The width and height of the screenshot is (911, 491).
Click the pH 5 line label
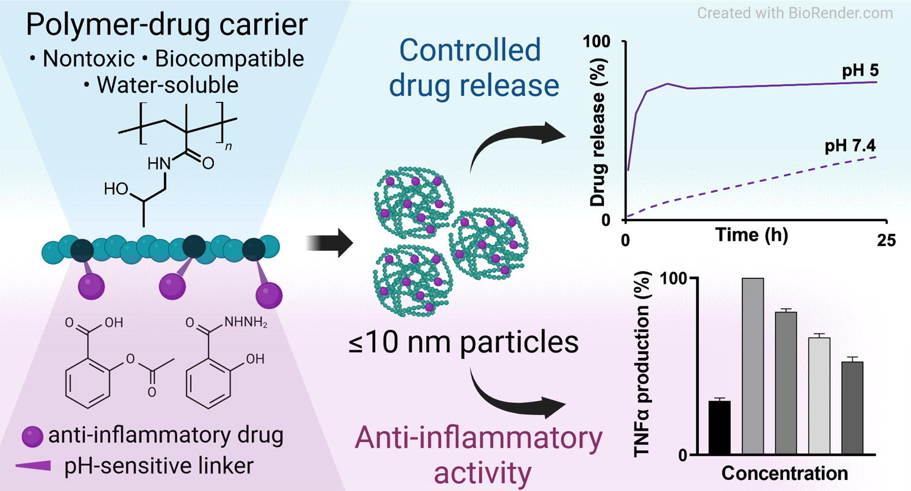[x=860, y=71]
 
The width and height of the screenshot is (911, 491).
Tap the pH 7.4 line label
[x=850, y=146]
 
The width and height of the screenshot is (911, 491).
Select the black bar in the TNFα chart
[x=719, y=427]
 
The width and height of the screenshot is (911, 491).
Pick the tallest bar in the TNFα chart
[x=753, y=366]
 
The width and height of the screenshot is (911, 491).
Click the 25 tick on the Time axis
[x=886, y=240]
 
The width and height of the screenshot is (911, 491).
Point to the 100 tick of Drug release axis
[x=597, y=42]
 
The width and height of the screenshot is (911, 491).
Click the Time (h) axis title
[x=751, y=236]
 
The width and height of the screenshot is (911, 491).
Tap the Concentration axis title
[x=784, y=474]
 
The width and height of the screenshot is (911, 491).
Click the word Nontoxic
[x=89, y=59]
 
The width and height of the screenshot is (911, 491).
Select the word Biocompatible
[x=229, y=59]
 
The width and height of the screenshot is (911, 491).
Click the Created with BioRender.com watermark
[x=795, y=13]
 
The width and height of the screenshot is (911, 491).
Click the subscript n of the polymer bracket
[x=228, y=146]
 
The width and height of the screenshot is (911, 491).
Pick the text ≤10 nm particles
[x=463, y=342]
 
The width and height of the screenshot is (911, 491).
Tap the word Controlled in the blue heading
[x=470, y=50]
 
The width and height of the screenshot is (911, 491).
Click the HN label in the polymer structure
[x=158, y=164]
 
